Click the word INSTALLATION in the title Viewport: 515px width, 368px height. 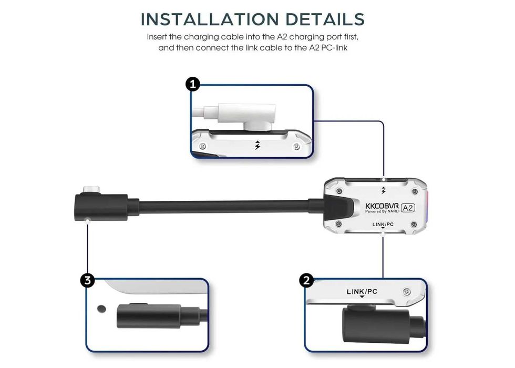point(210,19)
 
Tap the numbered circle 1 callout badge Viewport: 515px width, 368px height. point(193,84)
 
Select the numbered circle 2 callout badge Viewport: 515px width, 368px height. point(307,281)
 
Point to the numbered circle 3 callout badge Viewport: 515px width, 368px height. point(87,281)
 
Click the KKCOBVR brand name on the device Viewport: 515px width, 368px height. point(382,206)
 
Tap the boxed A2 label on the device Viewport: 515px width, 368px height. point(408,208)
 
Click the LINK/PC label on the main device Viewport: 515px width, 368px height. point(383,224)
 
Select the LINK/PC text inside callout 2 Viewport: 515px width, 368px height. point(362,291)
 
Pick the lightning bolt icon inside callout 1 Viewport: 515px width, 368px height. point(258,145)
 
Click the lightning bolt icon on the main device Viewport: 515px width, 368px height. point(383,190)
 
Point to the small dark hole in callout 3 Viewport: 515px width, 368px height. point(101,309)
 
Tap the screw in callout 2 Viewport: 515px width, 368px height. point(407,292)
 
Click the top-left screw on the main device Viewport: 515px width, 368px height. point(340,191)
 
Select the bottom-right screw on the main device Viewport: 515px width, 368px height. point(414,225)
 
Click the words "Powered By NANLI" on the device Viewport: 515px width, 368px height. point(383,211)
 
